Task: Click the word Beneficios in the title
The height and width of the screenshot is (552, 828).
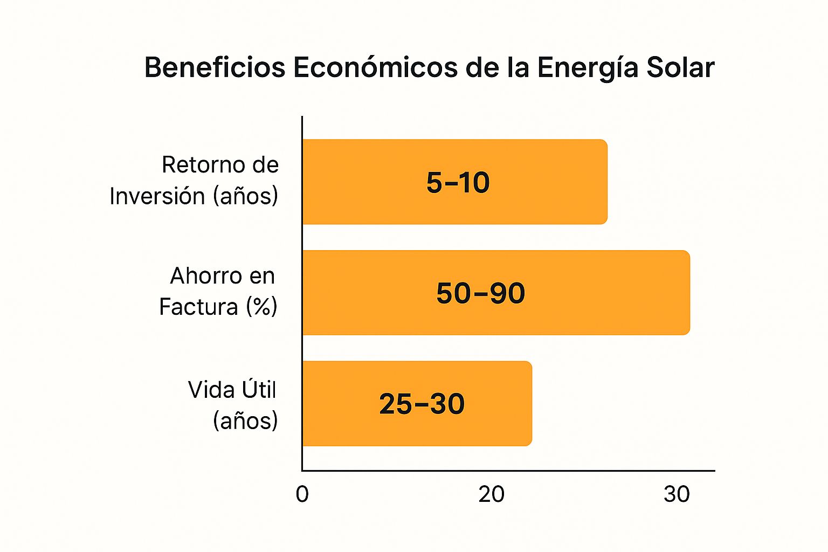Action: (x=215, y=68)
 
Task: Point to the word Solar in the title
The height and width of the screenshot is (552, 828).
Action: (x=680, y=68)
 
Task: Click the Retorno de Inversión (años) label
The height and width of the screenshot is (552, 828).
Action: (x=194, y=181)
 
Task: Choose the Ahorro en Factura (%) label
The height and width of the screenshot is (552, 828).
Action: (x=218, y=292)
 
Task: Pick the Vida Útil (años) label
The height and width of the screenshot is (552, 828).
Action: (x=233, y=405)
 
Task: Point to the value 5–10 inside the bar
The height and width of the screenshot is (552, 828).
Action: (x=458, y=182)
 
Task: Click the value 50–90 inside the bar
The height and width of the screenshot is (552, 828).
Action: (x=480, y=293)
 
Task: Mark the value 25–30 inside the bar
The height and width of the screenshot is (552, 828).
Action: (x=422, y=404)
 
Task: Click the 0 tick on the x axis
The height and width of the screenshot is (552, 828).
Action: (x=302, y=494)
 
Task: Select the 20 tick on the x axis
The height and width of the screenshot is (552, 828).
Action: (x=491, y=494)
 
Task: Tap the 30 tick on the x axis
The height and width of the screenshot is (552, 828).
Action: (x=677, y=494)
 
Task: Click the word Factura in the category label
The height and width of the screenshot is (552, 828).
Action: (x=198, y=307)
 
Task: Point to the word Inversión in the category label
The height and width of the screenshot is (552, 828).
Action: (x=157, y=196)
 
